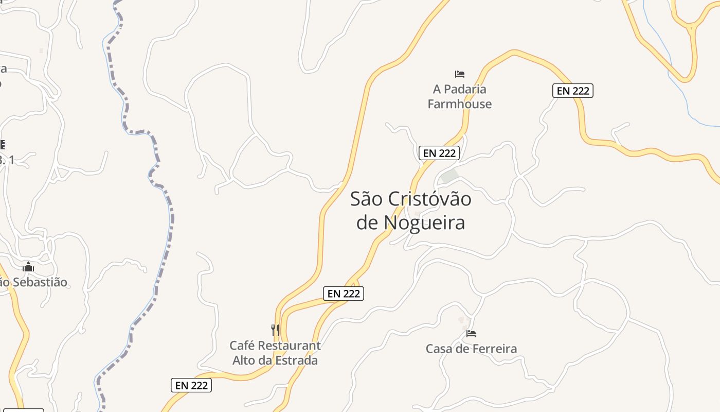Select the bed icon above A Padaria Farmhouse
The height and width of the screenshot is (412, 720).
point(460,74)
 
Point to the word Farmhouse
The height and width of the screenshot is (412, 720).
point(460,104)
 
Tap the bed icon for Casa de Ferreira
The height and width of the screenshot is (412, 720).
point(471,334)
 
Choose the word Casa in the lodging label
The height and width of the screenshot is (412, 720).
point(439,349)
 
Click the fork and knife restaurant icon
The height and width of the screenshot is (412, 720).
point(276,330)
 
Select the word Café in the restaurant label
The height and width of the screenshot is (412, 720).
point(242,346)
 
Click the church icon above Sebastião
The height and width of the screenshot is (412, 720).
point(28,267)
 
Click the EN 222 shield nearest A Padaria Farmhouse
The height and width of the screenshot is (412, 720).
point(439,153)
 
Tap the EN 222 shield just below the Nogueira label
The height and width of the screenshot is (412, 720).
point(344,294)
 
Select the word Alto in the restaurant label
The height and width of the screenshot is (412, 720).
point(244,360)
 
